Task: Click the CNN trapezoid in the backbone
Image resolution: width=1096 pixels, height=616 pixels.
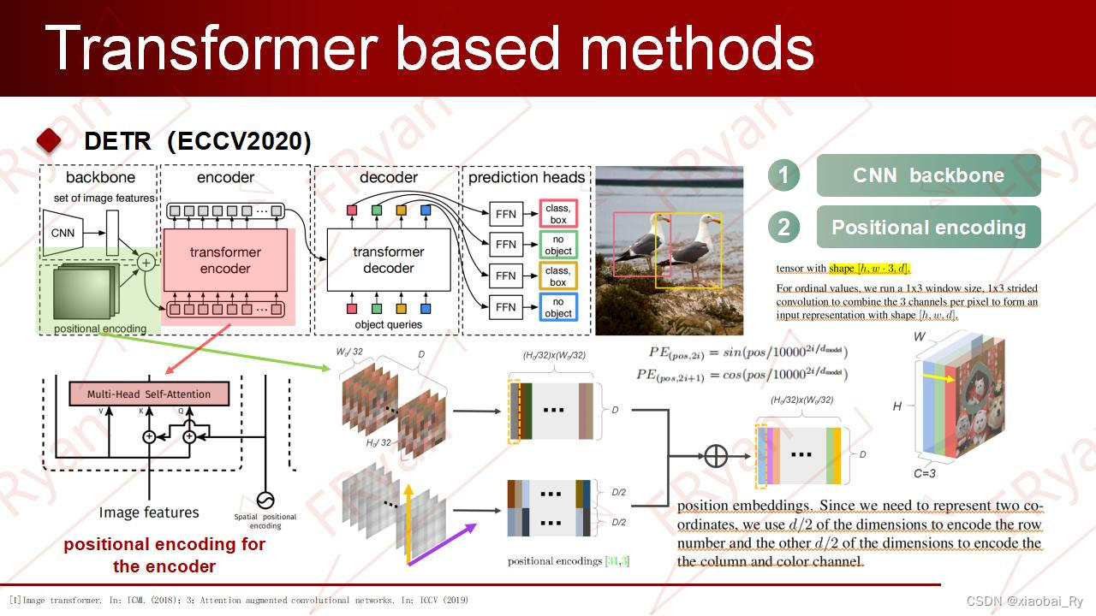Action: click(63, 232)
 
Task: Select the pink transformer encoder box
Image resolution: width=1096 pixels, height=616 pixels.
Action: click(225, 260)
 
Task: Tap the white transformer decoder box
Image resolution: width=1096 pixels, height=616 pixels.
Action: click(388, 260)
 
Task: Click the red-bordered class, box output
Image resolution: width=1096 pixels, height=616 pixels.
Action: click(558, 214)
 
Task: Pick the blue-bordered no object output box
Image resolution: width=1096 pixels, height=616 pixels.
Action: click(558, 307)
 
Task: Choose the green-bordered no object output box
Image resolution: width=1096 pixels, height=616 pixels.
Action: click(558, 245)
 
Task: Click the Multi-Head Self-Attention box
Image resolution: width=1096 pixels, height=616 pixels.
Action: click(149, 394)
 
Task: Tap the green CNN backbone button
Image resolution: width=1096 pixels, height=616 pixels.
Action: click(928, 175)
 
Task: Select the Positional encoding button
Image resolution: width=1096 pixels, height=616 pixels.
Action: click(928, 228)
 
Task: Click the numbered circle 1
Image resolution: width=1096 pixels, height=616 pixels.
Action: click(783, 175)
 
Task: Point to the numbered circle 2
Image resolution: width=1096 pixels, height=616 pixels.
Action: click(783, 228)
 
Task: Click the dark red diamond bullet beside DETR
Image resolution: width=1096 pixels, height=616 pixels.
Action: click(50, 141)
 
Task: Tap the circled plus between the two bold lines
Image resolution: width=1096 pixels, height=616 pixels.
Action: click(715, 455)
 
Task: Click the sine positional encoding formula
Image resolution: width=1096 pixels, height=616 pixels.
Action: click(742, 352)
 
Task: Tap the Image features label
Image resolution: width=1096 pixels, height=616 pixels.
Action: click(149, 512)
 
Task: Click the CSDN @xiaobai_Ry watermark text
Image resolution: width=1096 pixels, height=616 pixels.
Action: click(1024, 601)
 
